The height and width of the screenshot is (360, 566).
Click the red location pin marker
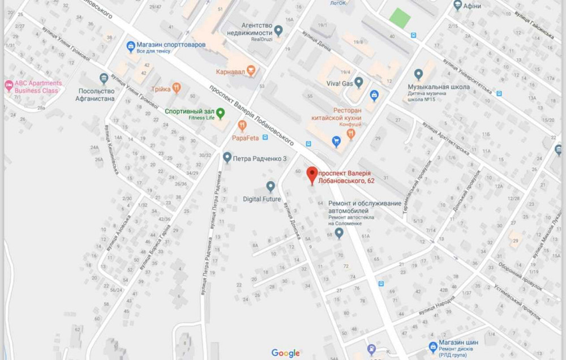tap(312, 174)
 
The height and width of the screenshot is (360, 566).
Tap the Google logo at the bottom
tap(285, 353)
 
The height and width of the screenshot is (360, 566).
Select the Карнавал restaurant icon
tap(251, 71)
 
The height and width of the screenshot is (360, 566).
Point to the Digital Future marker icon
tap(271, 186)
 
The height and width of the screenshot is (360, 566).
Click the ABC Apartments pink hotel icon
tap(8, 86)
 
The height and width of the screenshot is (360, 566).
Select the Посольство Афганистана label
tap(95, 95)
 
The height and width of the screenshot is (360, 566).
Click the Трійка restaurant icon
tap(176, 88)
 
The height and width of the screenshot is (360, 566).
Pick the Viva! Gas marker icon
tap(358, 82)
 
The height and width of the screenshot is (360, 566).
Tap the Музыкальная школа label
tap(439, 87)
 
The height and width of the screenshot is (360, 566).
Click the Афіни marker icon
tap(458, 6)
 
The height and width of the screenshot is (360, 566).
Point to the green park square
tap(400, 18)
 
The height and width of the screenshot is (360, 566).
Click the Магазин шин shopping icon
tap(433, 345)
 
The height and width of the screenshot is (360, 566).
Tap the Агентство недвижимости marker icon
tap(278, 29)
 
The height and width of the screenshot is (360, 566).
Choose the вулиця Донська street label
tap(292, 221)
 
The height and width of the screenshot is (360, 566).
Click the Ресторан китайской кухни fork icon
tap(350, 134)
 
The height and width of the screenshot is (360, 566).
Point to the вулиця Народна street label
tap(436, 306)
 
